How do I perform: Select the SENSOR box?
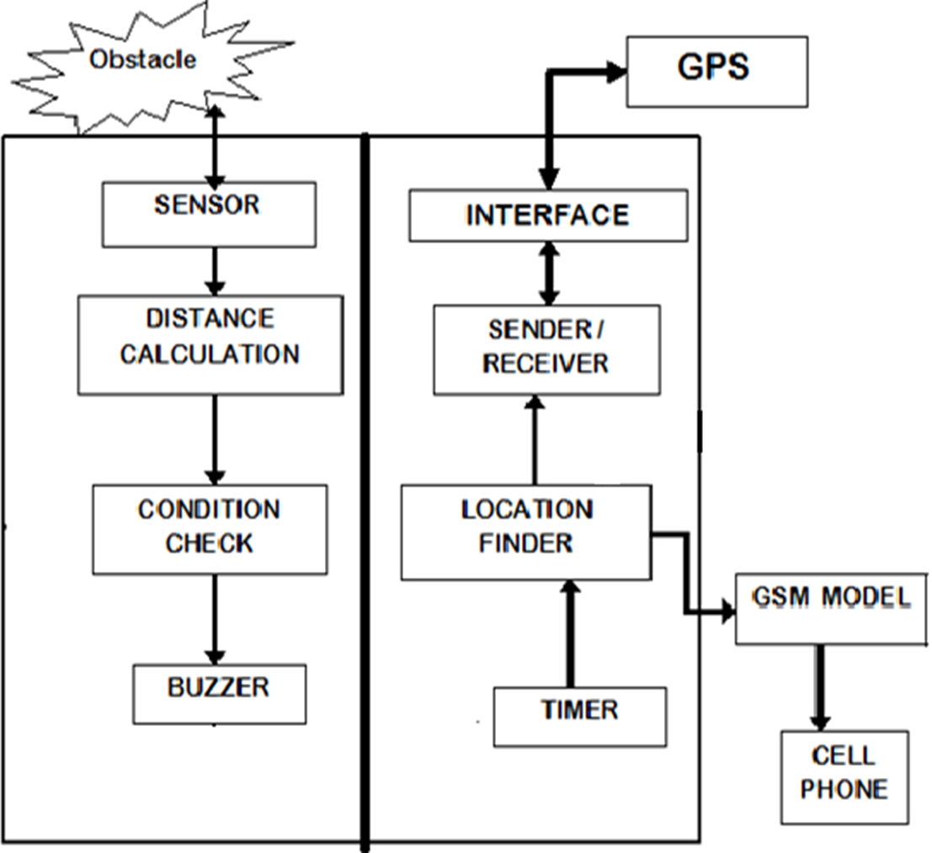209,215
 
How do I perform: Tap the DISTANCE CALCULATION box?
210,344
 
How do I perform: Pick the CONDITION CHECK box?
210,530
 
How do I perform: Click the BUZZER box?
219,694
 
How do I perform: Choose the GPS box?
716,71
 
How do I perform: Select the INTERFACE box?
548,216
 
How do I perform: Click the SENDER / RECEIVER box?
546,349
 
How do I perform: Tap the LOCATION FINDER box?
526,532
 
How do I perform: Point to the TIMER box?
579,717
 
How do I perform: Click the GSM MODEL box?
831,609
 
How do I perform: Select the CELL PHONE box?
844,776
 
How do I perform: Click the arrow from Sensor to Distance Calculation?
216,270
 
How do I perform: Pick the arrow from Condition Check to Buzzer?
216,619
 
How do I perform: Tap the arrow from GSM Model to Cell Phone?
820,687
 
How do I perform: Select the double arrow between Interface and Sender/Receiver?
549,273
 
